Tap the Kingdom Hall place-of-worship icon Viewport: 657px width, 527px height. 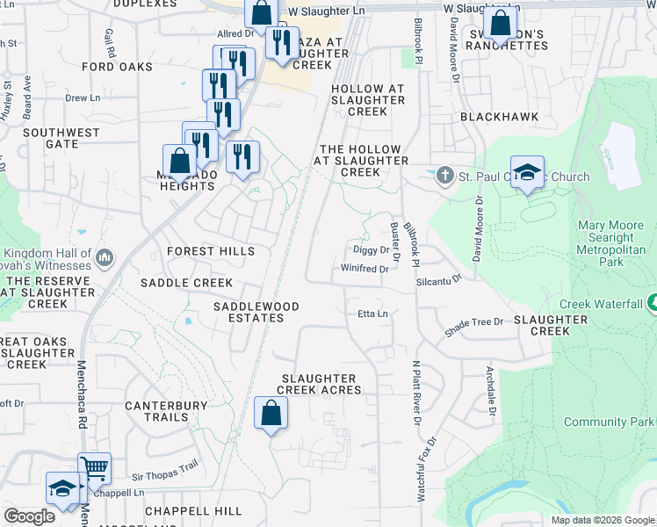(105, 256)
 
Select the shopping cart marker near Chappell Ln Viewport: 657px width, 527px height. (94, 468)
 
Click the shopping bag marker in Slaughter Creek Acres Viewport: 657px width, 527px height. (271, 413)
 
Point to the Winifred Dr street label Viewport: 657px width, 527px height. (365, 269)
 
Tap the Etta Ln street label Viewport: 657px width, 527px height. (372, 314)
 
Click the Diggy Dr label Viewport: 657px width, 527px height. (371, 250)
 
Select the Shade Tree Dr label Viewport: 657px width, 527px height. (474, 328)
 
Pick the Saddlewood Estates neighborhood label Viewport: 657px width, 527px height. (256, 312)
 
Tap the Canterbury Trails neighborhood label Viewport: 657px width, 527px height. (166, 411)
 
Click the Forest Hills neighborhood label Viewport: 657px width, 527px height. (210, 251)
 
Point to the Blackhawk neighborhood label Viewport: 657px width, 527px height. (498, 117)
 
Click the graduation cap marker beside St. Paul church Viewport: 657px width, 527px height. (527, 172)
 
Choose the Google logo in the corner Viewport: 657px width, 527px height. (29, 516)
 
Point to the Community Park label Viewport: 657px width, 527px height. (609, 422)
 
